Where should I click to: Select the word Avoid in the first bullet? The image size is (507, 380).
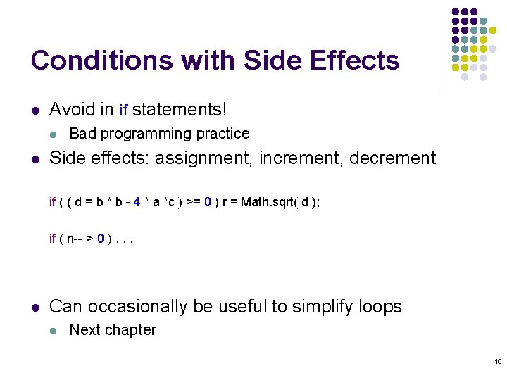[x=71, y=109]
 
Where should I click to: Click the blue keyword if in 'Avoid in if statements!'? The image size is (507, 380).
[x=123, y=110]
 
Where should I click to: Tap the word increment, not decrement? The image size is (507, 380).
[x=297, y=158]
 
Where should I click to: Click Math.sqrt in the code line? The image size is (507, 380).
[x=267, y=203]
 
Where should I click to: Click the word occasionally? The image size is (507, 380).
[x=137, y=307]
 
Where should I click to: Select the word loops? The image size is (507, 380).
[x=379, y=307]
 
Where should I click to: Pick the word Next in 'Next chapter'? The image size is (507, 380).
[x=84, y=330]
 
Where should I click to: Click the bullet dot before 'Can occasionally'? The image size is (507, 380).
[x=35, y=308]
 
